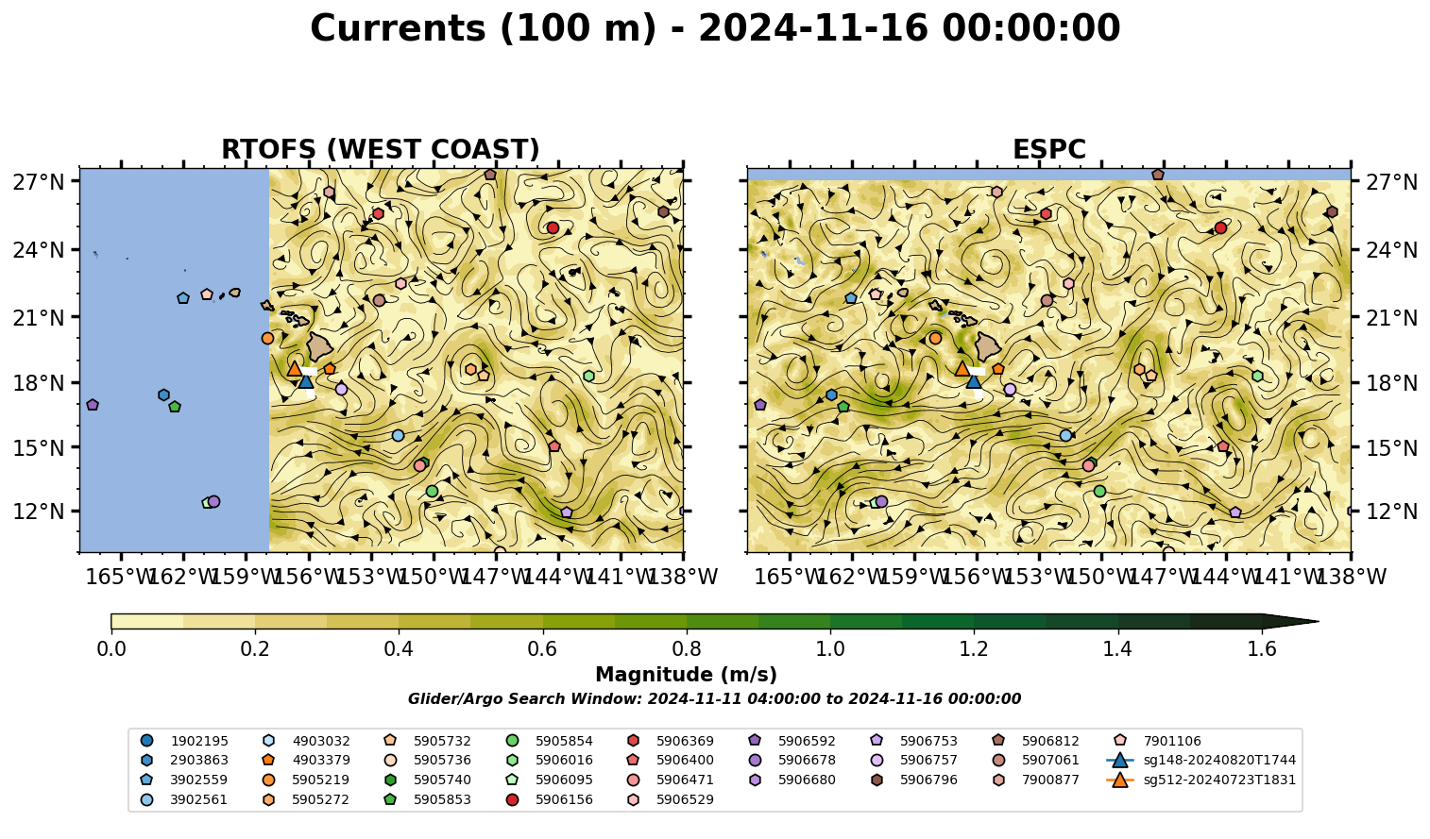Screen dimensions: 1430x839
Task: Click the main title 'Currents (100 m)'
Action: [x=484, y=28]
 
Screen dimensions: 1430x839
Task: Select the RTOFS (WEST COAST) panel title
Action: [x=381, y=149]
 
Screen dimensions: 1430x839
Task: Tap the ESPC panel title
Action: [x=1048, y=149]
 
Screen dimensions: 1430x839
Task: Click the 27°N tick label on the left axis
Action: [x=39, y=182]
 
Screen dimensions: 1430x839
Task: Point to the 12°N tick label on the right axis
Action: [x=1390, y=512]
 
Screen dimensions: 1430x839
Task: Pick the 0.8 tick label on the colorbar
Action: [x=687, y=649]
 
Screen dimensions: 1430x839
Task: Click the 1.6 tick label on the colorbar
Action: [x=1262, y=649]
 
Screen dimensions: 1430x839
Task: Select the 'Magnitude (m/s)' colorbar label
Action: [x=687, y=675]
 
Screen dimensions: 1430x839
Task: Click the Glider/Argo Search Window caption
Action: [x=714, y=699]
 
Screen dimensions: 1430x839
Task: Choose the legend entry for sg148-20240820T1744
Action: [x=1200, y=761]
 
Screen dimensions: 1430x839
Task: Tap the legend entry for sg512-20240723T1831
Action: [x=1200, y=780]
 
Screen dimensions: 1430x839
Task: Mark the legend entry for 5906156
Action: [x=549, y=799]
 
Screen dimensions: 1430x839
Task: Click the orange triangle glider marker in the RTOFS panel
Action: [x=295, y=369]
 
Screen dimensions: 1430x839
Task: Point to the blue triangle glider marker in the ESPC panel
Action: [x=974, y=381]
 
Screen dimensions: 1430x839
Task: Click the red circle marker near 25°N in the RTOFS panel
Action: [x=553, y=227]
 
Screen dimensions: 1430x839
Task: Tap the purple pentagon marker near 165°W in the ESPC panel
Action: [x=759, y=405]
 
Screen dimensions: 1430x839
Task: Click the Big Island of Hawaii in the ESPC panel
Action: [x=988, y=346]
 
